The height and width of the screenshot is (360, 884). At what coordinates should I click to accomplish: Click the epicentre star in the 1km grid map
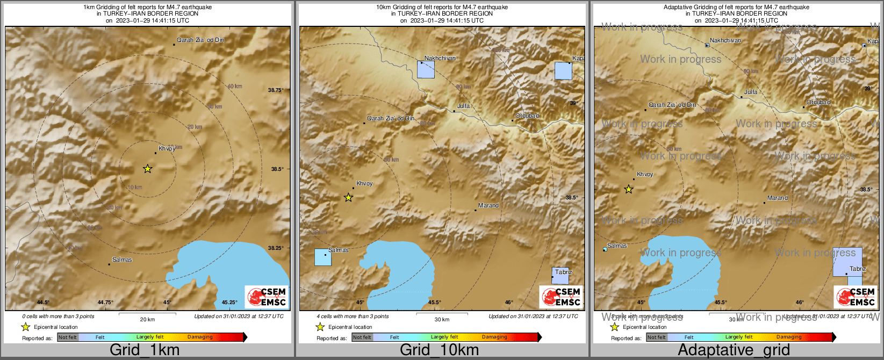pos(148,169)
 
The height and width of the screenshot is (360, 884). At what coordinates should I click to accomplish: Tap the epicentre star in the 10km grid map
pos(348,197)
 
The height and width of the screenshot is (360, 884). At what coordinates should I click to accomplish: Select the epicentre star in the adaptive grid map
pos(628,189)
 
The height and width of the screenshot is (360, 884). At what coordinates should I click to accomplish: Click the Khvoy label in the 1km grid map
pos(167,148)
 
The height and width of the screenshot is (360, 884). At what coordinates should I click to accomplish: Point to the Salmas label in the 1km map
pos(122,260)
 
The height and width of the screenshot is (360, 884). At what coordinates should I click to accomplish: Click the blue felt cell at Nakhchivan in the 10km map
pos(426,70)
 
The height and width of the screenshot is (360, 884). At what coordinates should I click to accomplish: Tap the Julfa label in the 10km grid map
pos(463,106)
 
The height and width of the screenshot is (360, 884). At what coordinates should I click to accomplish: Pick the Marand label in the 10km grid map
pos(488,205)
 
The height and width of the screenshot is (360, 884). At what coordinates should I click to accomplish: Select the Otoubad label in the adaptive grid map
pos(818,102)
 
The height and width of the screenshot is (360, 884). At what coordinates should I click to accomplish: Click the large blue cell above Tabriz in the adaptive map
pos(847,262)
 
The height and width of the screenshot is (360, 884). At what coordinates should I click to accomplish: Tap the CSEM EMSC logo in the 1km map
pos(266,297)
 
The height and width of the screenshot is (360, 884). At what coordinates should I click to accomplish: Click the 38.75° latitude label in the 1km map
pos(276,90)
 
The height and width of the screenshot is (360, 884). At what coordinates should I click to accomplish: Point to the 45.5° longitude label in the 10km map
pos(434,303)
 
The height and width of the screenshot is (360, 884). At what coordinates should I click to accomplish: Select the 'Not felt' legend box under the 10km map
pos(362,337)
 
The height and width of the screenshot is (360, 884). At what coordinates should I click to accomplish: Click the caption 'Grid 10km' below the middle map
pos(439,350)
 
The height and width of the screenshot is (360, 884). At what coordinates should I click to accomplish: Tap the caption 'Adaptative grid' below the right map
pos(734,350)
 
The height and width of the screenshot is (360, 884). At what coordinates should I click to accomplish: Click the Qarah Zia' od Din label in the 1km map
pos(200,40)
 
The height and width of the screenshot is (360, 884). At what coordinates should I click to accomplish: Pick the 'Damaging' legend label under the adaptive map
pos(789,337)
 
